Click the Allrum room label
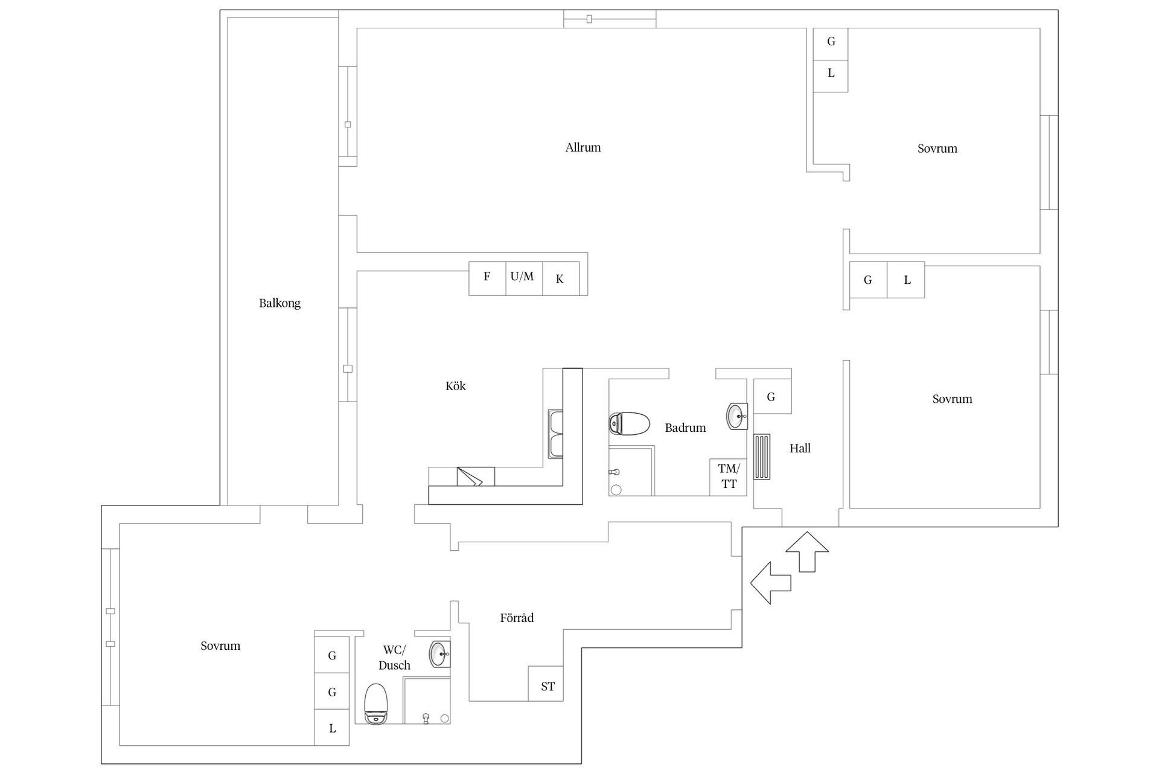(x=583, y=147)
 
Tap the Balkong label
(x=279, y=303)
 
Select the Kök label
(x=456, y=386)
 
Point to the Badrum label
(x=685, y=428)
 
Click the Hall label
(x=800, y=448)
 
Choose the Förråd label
(x=517, y=618)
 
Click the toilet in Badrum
(x=629, y=423)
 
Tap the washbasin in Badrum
(x=737, y=416)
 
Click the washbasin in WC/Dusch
(x=439, y=653)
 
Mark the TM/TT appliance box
(x=728, y=477)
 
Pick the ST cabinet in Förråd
(x=546, y=684)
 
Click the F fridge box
(x=487, y=278)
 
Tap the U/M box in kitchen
(x=524, y=278)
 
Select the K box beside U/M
(x=561, y=278)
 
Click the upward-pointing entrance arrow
(x=807, y=551)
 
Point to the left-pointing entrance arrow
(x=770, y=583)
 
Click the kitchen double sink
(x=555, y=434)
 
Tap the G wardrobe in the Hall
(x=772, y=396)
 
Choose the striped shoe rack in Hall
(x=762, y=457)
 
